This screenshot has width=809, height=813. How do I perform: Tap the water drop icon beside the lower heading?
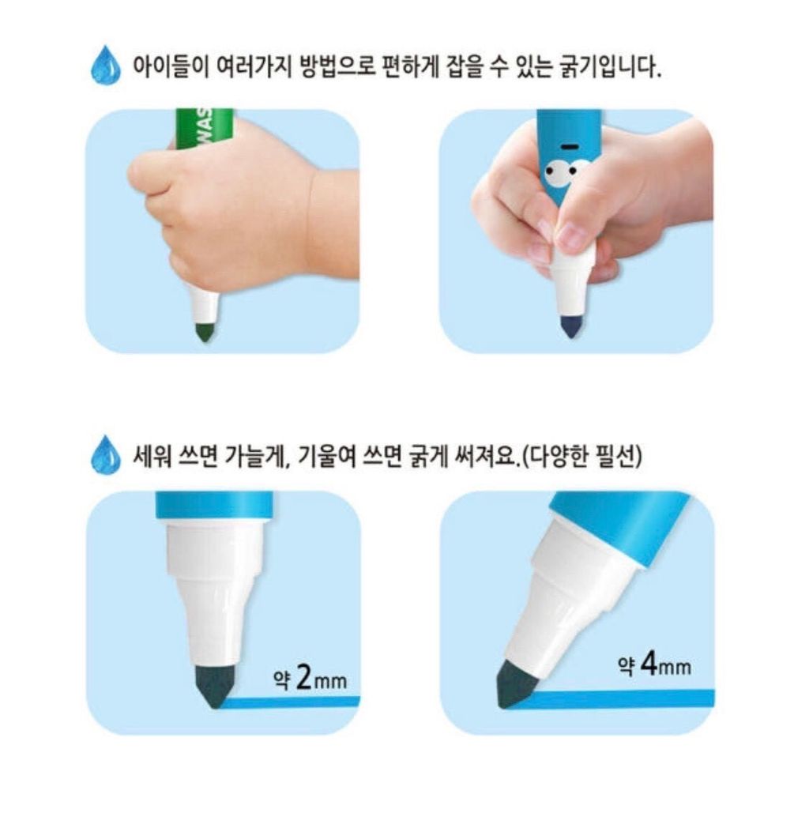coord(106,454)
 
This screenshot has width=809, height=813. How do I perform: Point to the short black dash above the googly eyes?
coord(570,147)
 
